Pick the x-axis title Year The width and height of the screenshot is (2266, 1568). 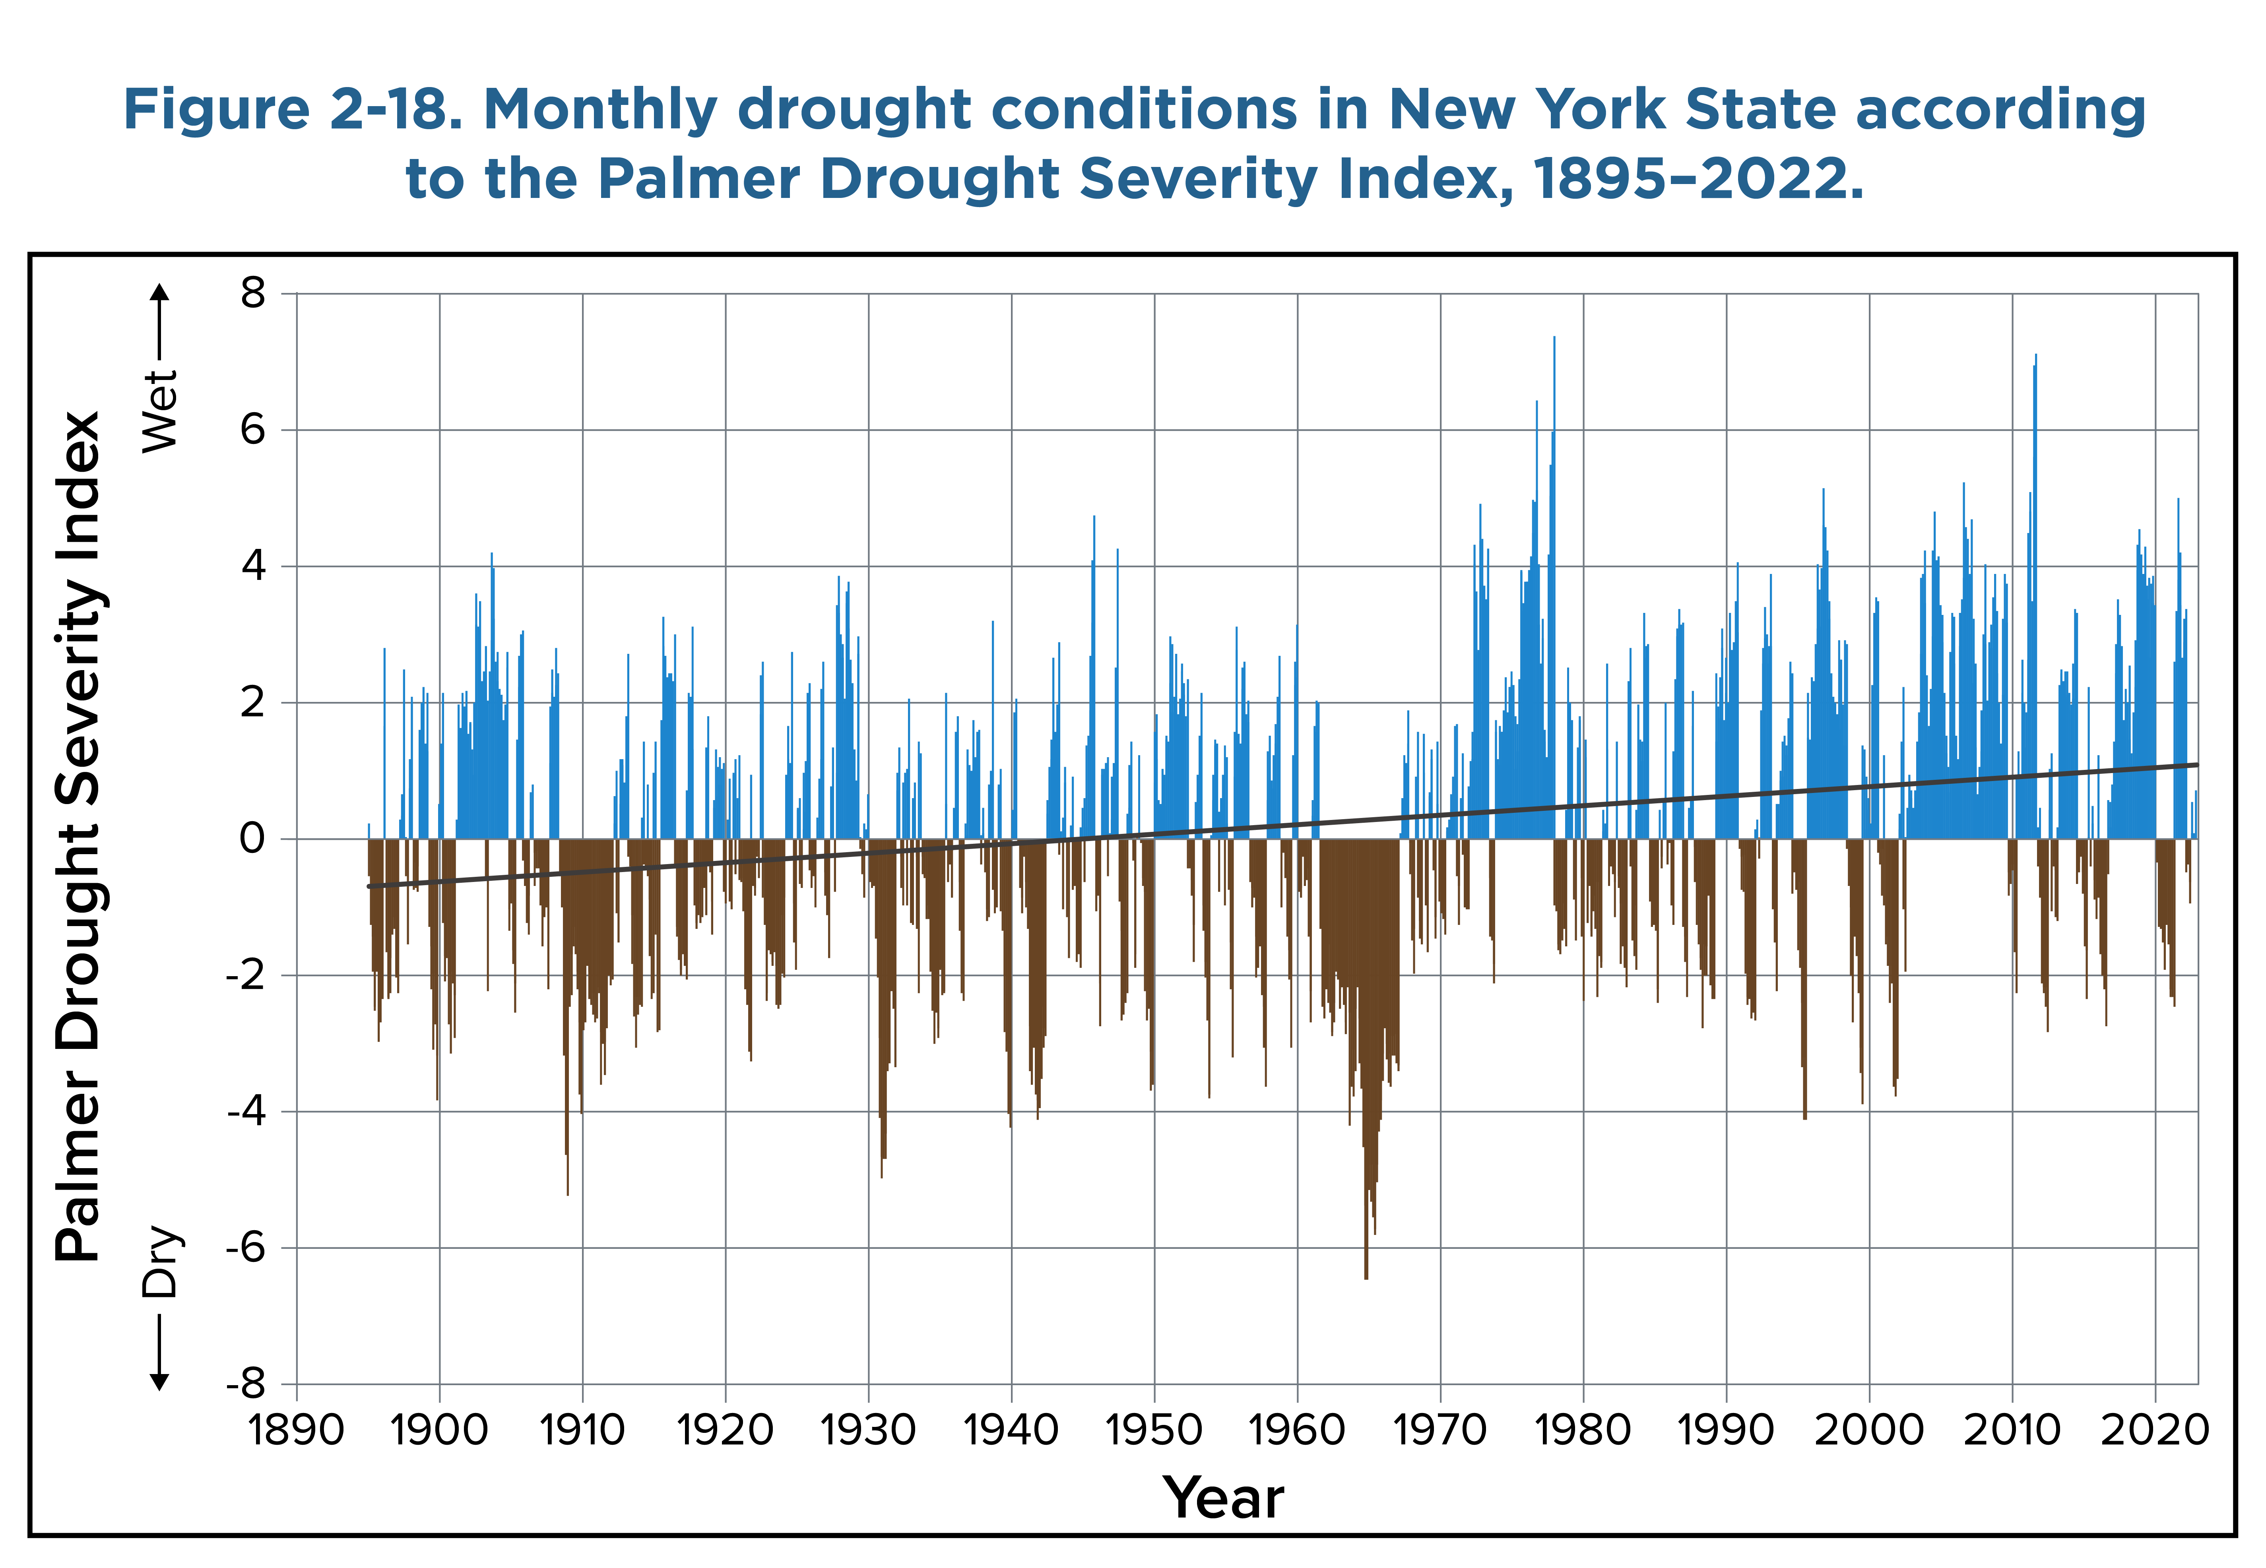tap(1223, 1498)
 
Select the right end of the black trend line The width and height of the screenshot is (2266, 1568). tap(2196, 764)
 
